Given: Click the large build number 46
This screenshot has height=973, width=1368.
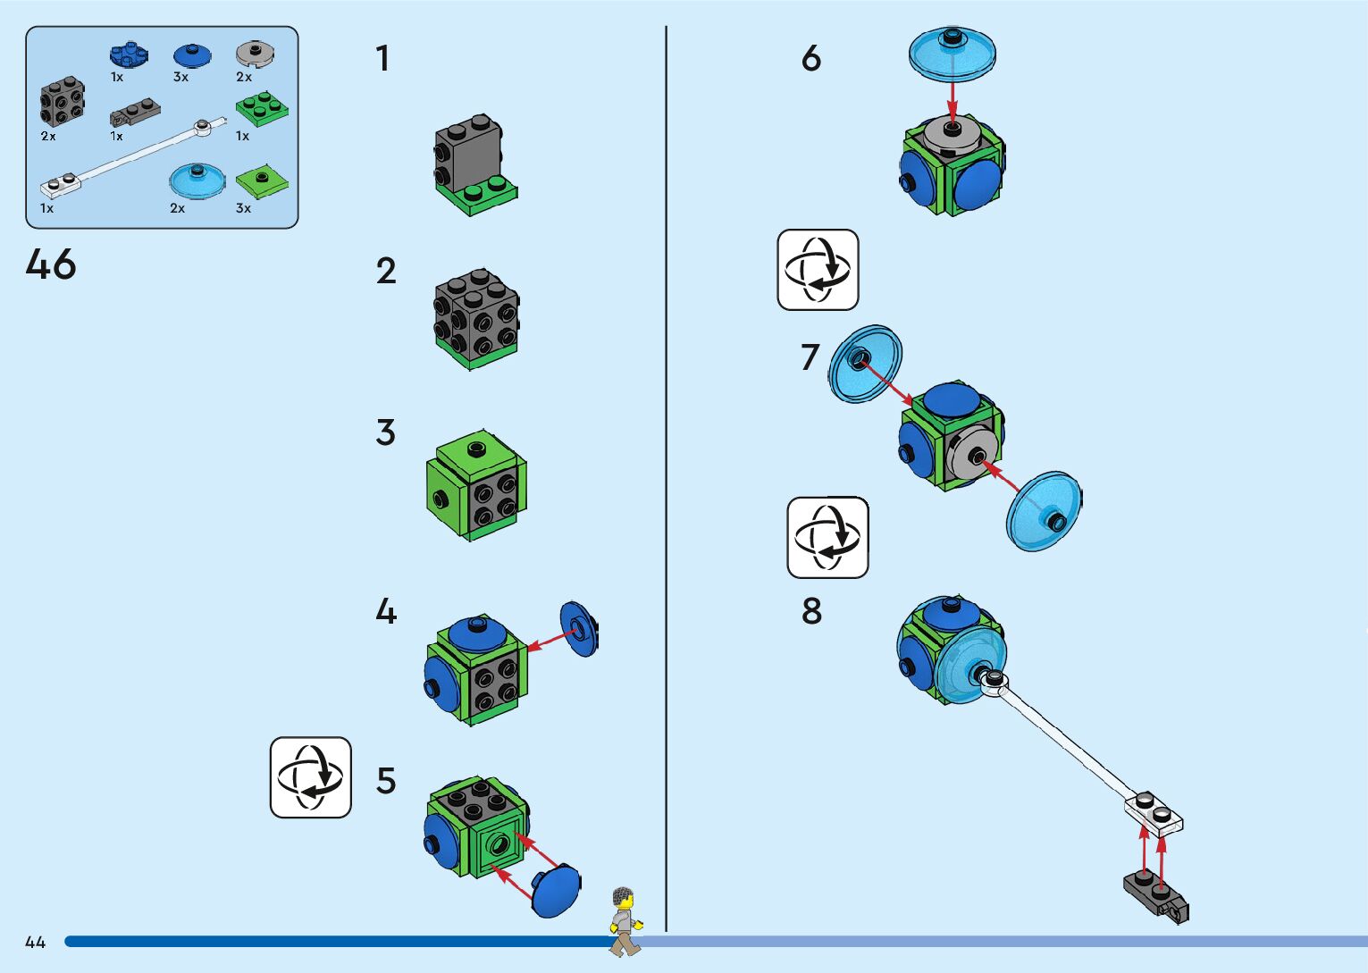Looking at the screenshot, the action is point(51,264).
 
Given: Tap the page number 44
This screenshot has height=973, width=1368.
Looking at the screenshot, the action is point(36,943).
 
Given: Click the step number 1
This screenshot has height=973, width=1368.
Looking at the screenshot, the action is point(383,59).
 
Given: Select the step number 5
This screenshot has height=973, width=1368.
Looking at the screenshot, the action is point(386,781).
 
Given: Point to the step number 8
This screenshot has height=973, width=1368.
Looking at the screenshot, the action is point(811,611).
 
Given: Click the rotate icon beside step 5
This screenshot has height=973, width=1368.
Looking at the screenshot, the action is point(311,777).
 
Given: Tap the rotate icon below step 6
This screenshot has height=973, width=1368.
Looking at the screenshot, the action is point(818,270).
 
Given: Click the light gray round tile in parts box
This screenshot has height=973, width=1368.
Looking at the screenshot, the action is point(256,55).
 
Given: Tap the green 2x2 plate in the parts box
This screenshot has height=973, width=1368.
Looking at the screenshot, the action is point(262,109).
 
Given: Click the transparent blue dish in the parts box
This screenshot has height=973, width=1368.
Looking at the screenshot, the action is point(197,180).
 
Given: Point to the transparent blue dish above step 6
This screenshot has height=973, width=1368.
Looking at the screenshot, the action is point(953,54).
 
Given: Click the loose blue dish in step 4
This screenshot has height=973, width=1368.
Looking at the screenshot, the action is point(578,629).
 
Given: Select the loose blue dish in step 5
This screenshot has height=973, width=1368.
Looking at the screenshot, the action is point(556,890).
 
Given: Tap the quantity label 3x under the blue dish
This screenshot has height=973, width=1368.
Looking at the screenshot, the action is point(180,77).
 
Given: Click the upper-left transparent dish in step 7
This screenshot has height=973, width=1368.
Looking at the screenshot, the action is point(865,364).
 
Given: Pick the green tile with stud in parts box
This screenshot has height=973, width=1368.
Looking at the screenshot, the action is point(262,181).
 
